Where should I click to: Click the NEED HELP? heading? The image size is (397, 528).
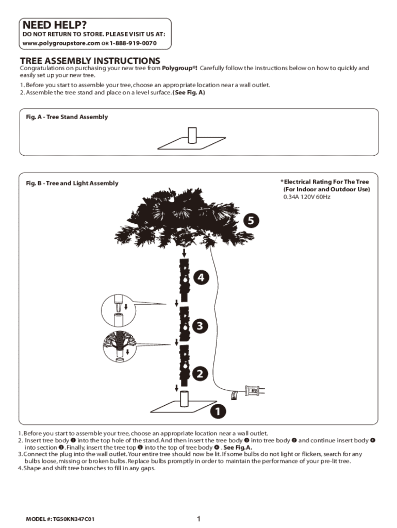click(54, 25)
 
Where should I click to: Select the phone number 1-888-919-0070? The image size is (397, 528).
click(133, 42)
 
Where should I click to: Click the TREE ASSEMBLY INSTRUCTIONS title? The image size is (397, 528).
click(90, 61)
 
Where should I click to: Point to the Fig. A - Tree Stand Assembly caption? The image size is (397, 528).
click(67, 117)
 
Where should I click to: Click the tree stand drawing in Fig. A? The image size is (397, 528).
click(192, 138)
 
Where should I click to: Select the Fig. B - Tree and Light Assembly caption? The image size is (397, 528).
click(72, 183)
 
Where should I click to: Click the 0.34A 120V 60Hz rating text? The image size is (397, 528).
click(307, 197)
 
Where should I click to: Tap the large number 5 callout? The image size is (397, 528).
click(250, 221)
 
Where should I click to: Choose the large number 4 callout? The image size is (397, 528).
click(202, 277)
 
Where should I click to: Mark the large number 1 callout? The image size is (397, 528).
click(218, 412)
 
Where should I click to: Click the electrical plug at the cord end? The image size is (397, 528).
click(256, 390)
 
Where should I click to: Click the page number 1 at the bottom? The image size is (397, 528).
click(198, 519)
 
